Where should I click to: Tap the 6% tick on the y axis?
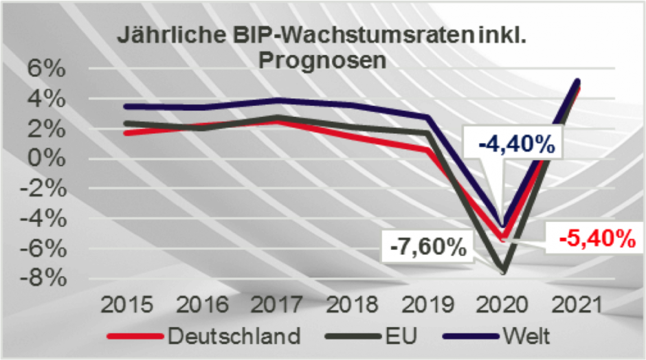pos(46,69)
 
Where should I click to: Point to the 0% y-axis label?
pos(46,159)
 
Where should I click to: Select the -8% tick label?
pos(43,278)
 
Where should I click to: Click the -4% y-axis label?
pos(43,218)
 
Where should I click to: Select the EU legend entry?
pos(403,337)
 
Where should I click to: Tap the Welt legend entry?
pos(526,337)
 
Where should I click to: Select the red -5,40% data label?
pos(595,238)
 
